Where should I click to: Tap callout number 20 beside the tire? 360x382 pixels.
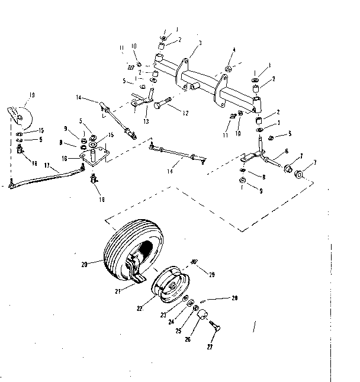point(84,264)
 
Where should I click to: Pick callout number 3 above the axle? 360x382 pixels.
point(201,43)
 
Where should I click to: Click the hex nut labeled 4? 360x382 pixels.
point(227,69)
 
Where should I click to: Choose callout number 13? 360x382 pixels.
point(146,121)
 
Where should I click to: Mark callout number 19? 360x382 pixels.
point(31,95)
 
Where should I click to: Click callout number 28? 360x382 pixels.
point(234,298)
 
